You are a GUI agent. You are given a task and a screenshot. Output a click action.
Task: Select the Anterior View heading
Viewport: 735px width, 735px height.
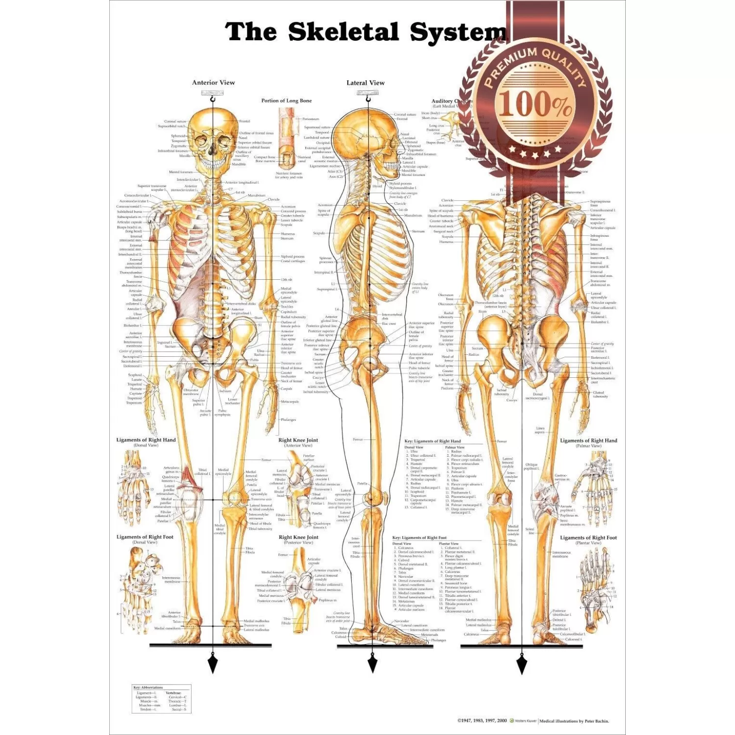click(x=213, y=83)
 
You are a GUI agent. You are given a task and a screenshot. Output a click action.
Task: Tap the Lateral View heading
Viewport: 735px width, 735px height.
click(x=366, y=83)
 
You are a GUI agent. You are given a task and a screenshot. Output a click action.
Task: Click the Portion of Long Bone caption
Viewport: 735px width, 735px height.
click(x=286, y=100)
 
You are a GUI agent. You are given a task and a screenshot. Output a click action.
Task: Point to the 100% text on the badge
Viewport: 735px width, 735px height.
click(x=535, y=104)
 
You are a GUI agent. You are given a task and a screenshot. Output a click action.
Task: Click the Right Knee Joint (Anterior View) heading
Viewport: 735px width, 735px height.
click(x=298, y=441)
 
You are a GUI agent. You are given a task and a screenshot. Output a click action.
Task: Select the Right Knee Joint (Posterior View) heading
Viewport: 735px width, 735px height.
click(x=298, y=538)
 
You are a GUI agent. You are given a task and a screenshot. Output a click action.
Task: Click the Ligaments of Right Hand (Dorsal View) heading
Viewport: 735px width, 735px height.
click(x=146, y=440)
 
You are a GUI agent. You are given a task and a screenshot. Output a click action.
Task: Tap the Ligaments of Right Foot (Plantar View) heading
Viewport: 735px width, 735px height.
click(x=588, y=538)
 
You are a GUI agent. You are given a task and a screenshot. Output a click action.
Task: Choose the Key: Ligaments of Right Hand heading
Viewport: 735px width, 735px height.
click(x=433, y=441)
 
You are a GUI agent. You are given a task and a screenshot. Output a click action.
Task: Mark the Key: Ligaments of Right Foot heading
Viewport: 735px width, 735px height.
click(x=419, y=538)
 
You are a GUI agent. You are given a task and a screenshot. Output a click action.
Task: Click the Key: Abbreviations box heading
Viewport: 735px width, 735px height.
click(x=148, y=687)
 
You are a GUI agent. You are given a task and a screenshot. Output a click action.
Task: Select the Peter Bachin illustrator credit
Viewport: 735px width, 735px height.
click(x=574, y=721)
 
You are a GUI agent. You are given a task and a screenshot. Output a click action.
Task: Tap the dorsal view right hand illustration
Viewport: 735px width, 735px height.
click(x=133, y=488)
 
